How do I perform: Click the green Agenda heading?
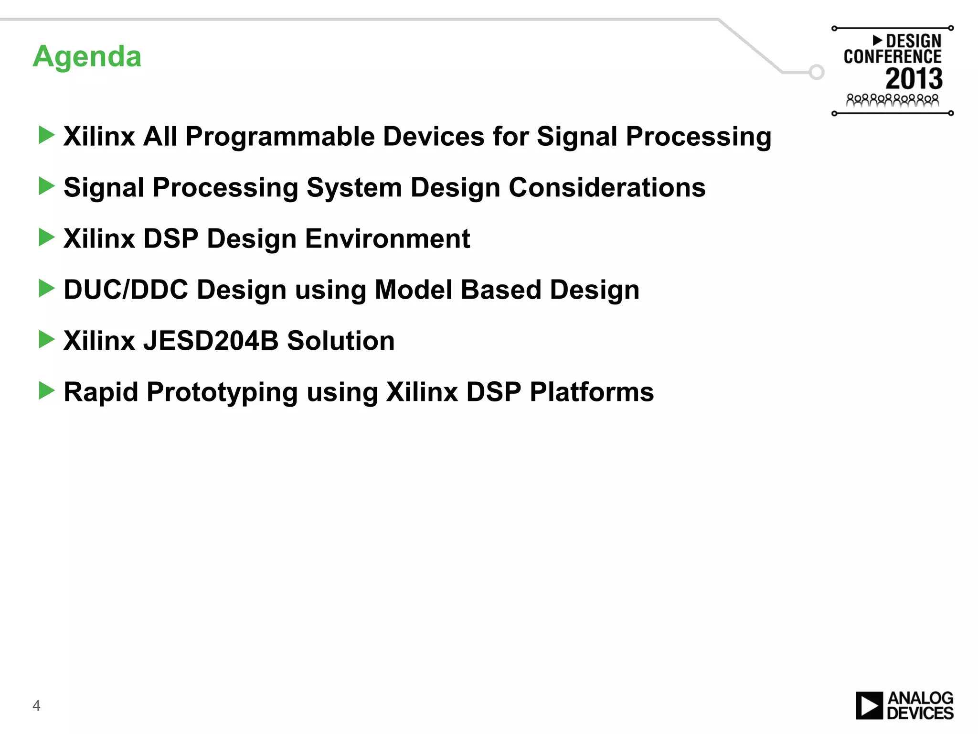[x=87, y=57]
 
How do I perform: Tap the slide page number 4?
[x=36, y=705]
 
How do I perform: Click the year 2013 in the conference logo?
[x=914, y=79]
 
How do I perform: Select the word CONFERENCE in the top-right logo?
[x=892, y=57]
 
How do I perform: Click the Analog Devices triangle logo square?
[x=869, y=705]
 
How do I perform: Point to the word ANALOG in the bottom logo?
[x=920, y=698]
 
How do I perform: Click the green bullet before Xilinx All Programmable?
[x=46, y=135]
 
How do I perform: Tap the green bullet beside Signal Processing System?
[x=46, y=186]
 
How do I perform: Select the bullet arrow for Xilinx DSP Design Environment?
[x=46, y=237]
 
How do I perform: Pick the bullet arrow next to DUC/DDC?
[x=46, y=289]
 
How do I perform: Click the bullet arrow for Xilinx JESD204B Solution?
[x=46, y=340]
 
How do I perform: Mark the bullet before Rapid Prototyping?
[x=46, y=391]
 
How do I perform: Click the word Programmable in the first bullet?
[x=280, y=137]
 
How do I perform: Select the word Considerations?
[x=607, y=187]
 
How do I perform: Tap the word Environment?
[x=387, y=238]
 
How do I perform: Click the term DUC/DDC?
[x=126, y=290]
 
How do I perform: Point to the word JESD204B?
[x=211, y=341]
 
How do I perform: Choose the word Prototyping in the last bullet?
[x=222, y=392]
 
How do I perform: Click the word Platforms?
[x=592, y=392]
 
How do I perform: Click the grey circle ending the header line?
[x=817, y=72]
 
